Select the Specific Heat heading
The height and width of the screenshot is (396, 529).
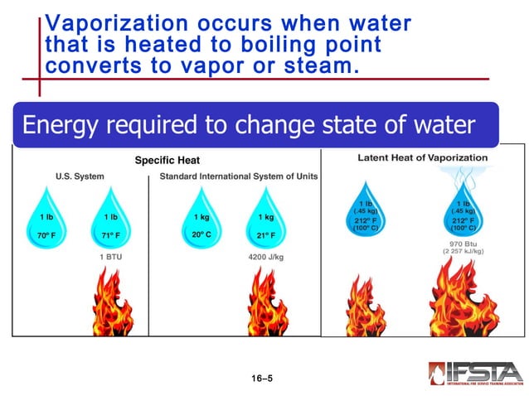pyautogui.click(x=167, y=160)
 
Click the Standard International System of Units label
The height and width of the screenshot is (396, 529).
pyautogui.click(x=238, y=176)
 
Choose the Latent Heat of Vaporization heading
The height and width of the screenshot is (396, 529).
pyautogui.click(x=422, y=157)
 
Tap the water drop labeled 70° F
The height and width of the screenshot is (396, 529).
pyautogui.click(x=46, y=220)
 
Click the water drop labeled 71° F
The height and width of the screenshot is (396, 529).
pyautogui.click(x=110, y=220)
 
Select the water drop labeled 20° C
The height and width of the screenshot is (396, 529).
pyautogui.click(x=201, y=220)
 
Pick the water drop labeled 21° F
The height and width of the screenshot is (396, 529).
pyautogui.click(x=266, y=220)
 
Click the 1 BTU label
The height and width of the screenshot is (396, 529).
pyautogui.click(x=110, y=258)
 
